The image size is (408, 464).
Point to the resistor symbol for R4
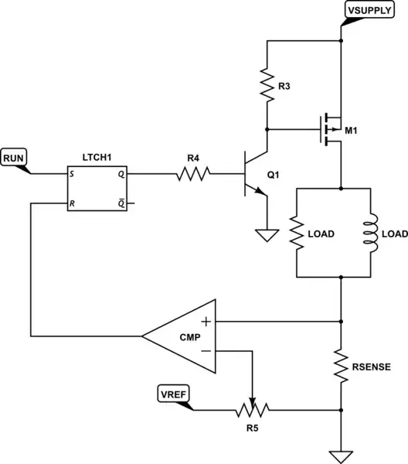pos(193,175)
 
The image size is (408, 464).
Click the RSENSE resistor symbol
pos(341,365)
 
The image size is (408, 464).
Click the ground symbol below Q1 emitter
pos(266,234)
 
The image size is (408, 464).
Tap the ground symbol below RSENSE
pos(341,455)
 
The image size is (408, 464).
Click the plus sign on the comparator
pos(207,320)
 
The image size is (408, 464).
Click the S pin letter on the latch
pos(72,175)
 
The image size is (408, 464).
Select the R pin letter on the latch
pos(72,204)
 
